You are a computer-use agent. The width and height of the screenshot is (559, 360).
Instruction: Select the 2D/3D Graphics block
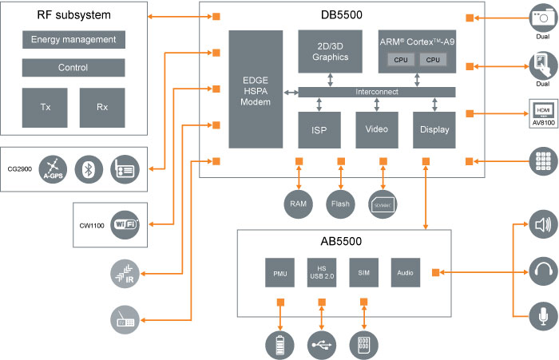click(330, 51)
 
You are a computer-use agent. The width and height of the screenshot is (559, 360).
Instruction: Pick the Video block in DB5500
click(376, 129)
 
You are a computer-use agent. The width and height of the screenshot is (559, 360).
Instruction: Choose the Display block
click(434, 129)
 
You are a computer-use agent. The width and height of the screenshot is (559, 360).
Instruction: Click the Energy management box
click(73, 40)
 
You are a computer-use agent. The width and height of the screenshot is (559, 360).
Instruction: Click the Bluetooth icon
click(88, 168)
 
